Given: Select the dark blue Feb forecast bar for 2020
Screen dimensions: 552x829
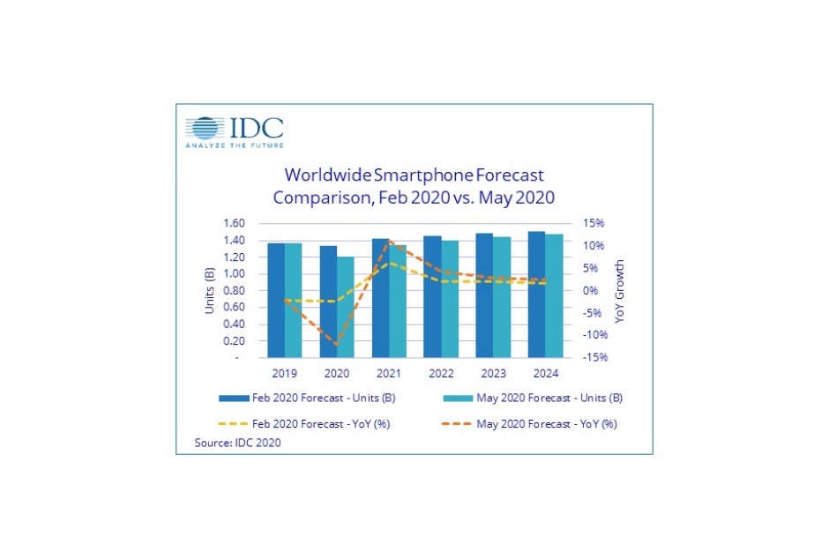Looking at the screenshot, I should [302, 302].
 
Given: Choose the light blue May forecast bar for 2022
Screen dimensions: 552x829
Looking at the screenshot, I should [449, 299].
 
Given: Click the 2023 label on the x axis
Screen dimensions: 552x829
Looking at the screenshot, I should [492, 371].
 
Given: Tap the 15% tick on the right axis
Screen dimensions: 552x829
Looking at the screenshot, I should [592, 223].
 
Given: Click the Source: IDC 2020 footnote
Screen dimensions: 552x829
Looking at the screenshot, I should [237, 443].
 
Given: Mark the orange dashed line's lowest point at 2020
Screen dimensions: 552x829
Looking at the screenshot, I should [336, 344].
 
